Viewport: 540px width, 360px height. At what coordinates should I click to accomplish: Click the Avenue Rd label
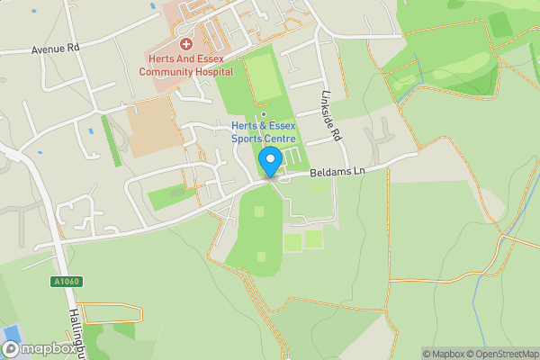click(56, 49)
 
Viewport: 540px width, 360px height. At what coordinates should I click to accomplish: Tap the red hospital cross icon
click(186, 43)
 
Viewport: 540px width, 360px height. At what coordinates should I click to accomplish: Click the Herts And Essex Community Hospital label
click(186, 65)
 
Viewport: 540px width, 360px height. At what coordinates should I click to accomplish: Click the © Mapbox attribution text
click(441, 354)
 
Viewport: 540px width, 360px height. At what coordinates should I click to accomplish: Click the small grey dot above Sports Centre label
click(263, 114)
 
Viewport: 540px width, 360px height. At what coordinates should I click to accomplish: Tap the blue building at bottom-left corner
click(11, 347)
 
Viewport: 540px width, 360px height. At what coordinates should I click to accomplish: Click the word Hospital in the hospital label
click(212, 71)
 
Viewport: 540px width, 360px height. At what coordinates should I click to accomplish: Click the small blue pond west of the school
click(90, 132)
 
